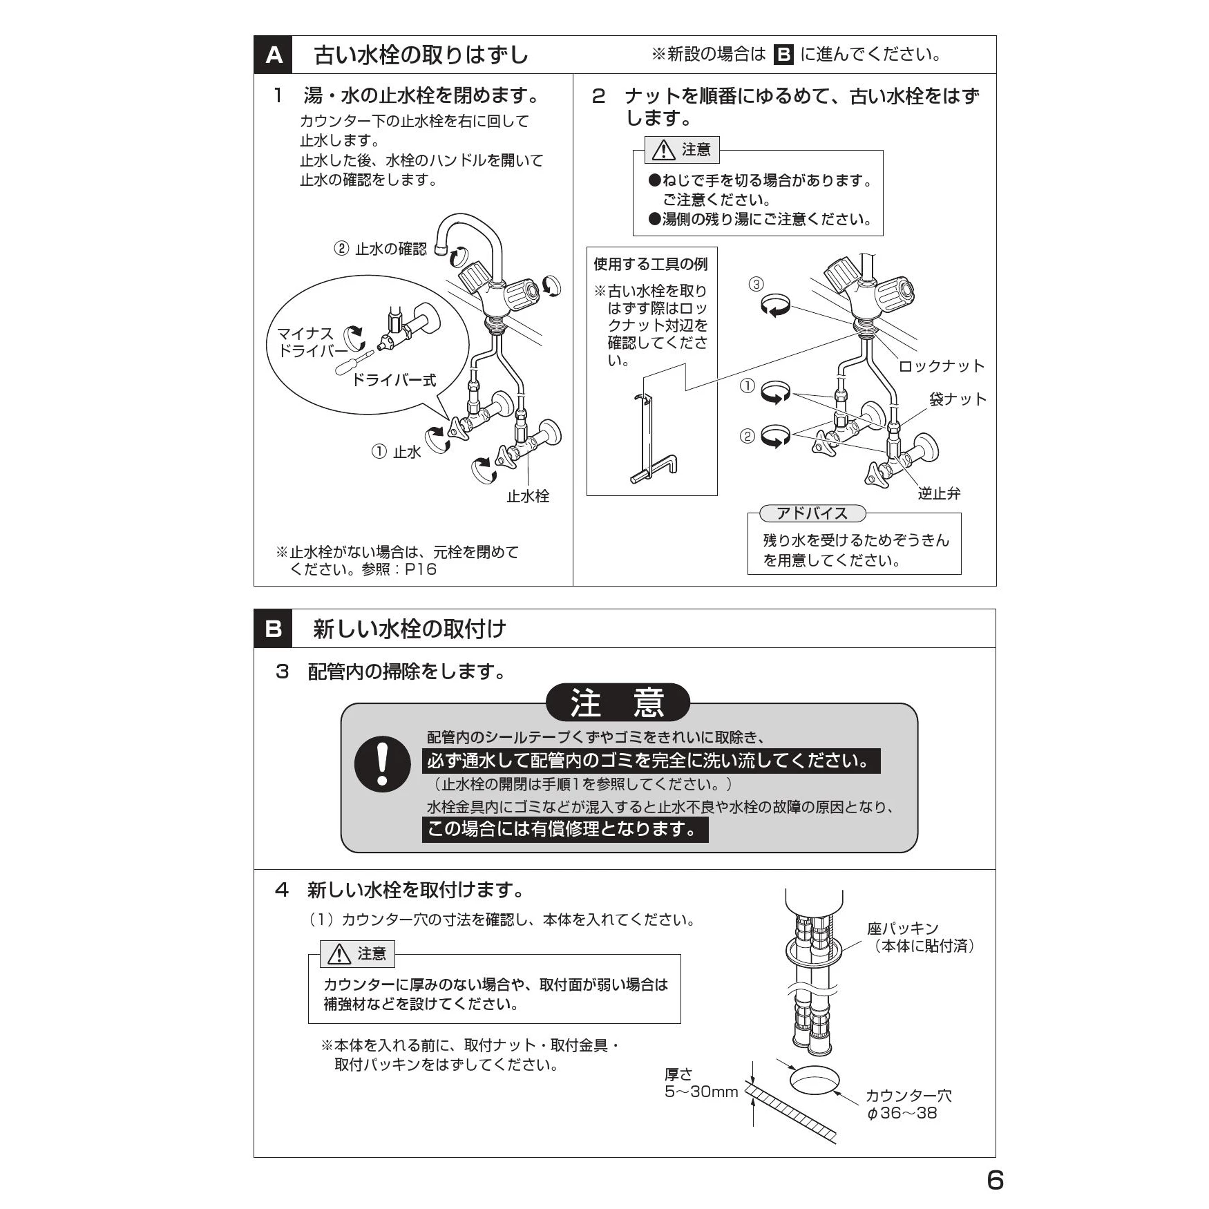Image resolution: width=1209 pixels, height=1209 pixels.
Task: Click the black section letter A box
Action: (274, 55)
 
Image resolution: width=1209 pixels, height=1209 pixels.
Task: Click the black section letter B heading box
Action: (274, 629)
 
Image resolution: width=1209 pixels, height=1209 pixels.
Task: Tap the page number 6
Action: (995, 1180)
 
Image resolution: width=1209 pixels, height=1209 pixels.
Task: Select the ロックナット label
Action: (941, 366)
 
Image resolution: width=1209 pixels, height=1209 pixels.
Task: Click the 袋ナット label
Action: (958, 399)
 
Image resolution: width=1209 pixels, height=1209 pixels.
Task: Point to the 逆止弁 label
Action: (939, 493)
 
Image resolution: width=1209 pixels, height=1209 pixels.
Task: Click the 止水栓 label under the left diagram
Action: (528, 496)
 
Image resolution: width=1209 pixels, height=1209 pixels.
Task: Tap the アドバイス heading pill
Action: (812, 513)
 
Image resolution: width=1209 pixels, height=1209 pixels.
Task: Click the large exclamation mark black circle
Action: (383, 763)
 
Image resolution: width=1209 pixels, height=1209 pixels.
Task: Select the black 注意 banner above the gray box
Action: (618, 703)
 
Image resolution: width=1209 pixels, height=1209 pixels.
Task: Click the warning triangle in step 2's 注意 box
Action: (663, 149)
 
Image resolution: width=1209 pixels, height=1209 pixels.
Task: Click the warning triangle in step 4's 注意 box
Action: (339, 954)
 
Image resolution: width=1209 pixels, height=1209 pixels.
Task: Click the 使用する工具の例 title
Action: (651, 264)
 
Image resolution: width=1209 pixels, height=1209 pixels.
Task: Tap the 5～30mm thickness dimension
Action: (701, 1092)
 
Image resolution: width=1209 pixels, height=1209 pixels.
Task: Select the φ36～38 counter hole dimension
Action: (902, 1113)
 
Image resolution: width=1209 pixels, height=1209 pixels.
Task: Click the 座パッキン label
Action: (902, 929)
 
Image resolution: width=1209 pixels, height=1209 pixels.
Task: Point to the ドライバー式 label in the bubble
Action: (394, 380)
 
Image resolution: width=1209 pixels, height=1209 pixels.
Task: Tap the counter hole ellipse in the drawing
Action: (814, 1081)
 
